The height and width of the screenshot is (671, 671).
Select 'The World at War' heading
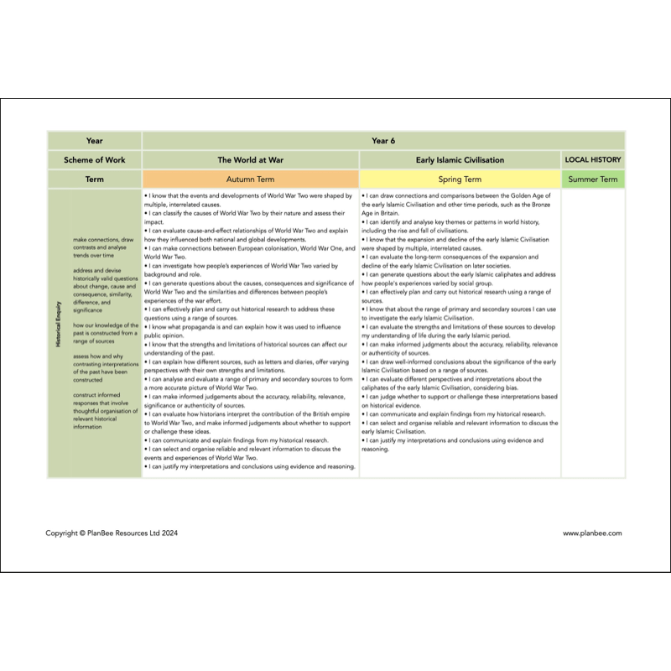pos(250,159)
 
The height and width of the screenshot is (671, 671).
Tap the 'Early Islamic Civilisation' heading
pos(460,159)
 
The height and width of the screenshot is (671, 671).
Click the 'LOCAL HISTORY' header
pos(593,159)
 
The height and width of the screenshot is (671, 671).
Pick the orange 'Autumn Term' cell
pos(250,179)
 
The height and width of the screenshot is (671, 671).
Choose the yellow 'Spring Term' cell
pos(460,179)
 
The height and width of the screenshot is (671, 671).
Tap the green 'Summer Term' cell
pos(593,179)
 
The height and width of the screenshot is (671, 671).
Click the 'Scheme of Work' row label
pos(94,159)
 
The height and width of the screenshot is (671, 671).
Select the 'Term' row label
pos(94,179)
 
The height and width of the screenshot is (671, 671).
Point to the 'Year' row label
pos(94,141)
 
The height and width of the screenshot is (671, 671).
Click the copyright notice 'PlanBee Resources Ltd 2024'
pos(112,533)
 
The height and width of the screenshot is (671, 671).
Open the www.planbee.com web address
pos(592,533)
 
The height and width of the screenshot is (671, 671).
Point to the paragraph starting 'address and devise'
pos(104,289)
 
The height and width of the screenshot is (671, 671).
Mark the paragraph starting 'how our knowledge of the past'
pos(104,333)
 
